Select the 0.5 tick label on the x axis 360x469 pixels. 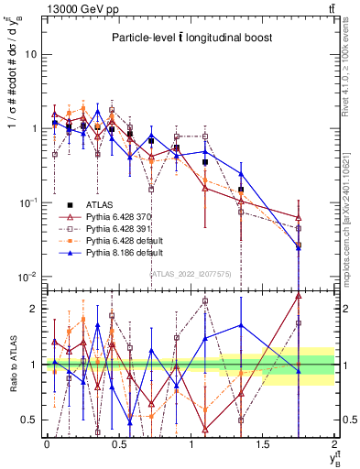[119, 444]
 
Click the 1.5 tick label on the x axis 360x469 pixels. [263, 444]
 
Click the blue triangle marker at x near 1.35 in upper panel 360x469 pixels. [241, 173]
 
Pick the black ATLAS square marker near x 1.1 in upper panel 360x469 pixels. [205, 162]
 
